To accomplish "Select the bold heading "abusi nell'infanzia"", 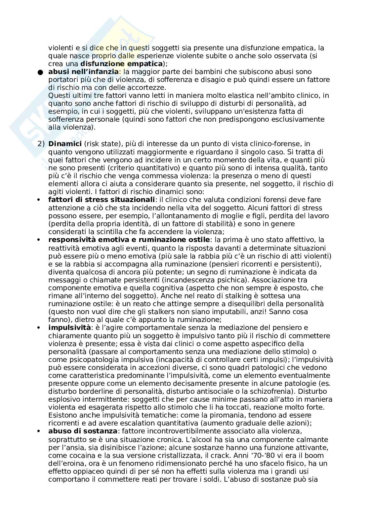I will pos(83,71).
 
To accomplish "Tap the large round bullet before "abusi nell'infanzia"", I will pos(40,72).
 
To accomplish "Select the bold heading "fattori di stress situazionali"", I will pos(102,200).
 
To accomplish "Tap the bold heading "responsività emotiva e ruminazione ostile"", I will pos(129,239).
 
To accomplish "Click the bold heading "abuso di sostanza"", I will pos(83,431).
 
